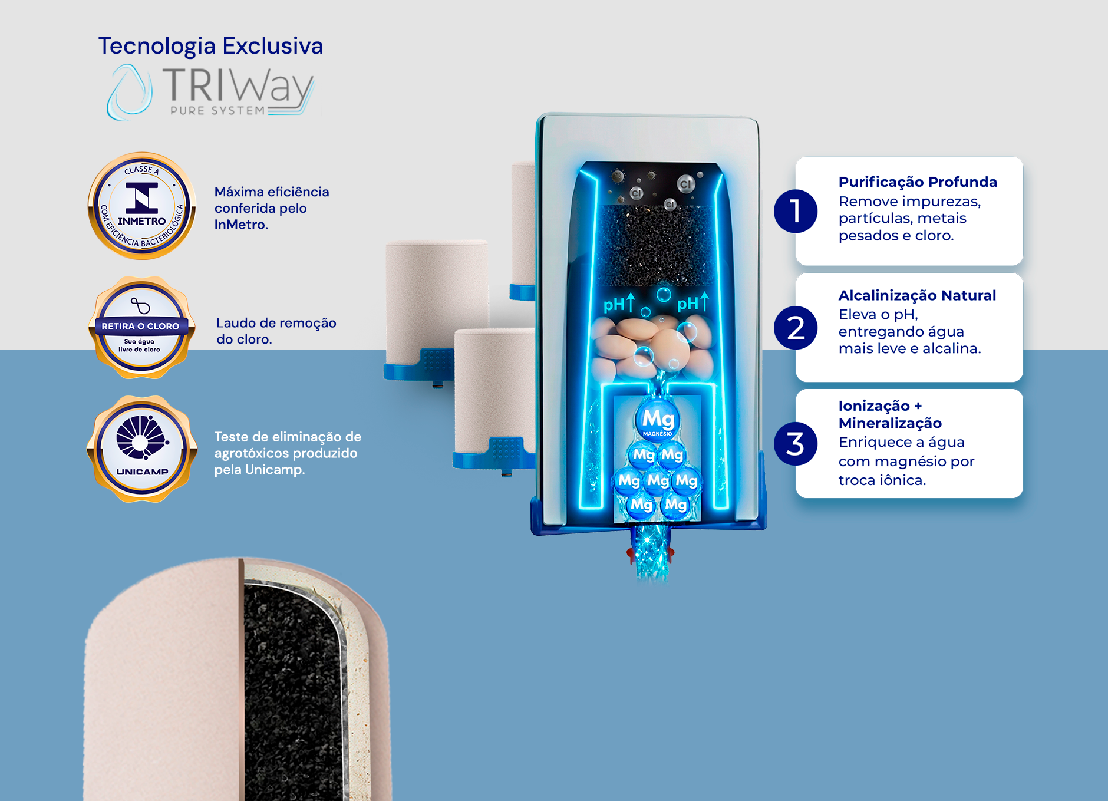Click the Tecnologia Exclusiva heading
click(x=210, y=46)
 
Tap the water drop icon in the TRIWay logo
click(x=129, y=92)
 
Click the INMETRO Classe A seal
click(x=141, y=206)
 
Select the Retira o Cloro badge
click(x=141, y=327)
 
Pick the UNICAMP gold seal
click(x=141, y=449)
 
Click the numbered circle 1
click(x=796, y=211)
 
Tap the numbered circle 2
click(x=796, y=328)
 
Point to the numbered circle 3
click(x=796, y=444)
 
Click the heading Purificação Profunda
click(x=918, y=182)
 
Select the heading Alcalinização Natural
click(x=917, y=295)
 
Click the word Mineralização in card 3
click(x=890, y=423)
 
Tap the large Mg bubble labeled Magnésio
click(x=657, y=420)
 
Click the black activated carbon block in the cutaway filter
click(x=658, y=245)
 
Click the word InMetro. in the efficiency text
click(x=241, y=225)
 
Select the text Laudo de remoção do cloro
click(x=276, y=331)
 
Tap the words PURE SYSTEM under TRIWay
click(x=217, y=110)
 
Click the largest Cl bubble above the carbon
click(x=685, y=184)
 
